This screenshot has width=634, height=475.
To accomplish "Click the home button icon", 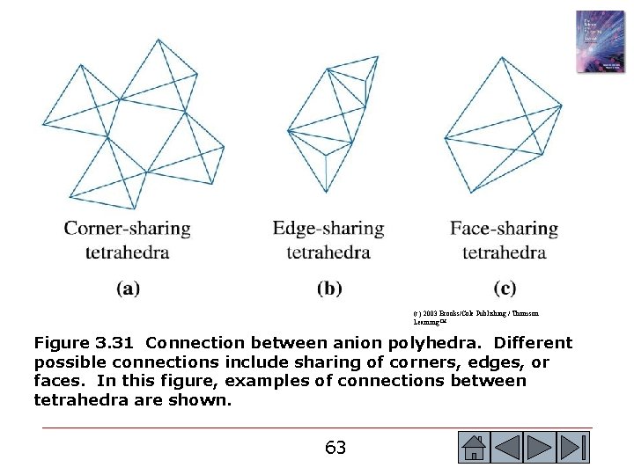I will (x=474, y=447).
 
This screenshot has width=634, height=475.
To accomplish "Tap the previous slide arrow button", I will (x=508, y=447).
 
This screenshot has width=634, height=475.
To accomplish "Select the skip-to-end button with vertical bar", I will (x=574, y=447).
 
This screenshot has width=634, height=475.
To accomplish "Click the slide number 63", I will (x=335, y=448).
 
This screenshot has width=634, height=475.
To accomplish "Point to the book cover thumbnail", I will (x=600, y=42).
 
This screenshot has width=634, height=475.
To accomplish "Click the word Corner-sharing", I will (x=127, y=229).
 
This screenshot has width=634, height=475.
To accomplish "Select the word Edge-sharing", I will (x=328, y=229).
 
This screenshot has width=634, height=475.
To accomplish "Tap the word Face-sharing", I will (x=504, y=229).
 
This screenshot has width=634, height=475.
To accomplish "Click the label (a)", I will (x=128, y=288).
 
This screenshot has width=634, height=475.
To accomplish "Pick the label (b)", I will (x=328, y=288).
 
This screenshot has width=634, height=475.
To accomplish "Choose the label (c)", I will (x=505, y=288).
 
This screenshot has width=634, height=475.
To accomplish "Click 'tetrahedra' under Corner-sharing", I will (x=127, y=253).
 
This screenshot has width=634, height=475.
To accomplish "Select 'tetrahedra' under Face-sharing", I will (x=504, y=253).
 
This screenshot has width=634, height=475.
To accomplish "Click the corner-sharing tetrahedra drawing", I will (x=132, y=123).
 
